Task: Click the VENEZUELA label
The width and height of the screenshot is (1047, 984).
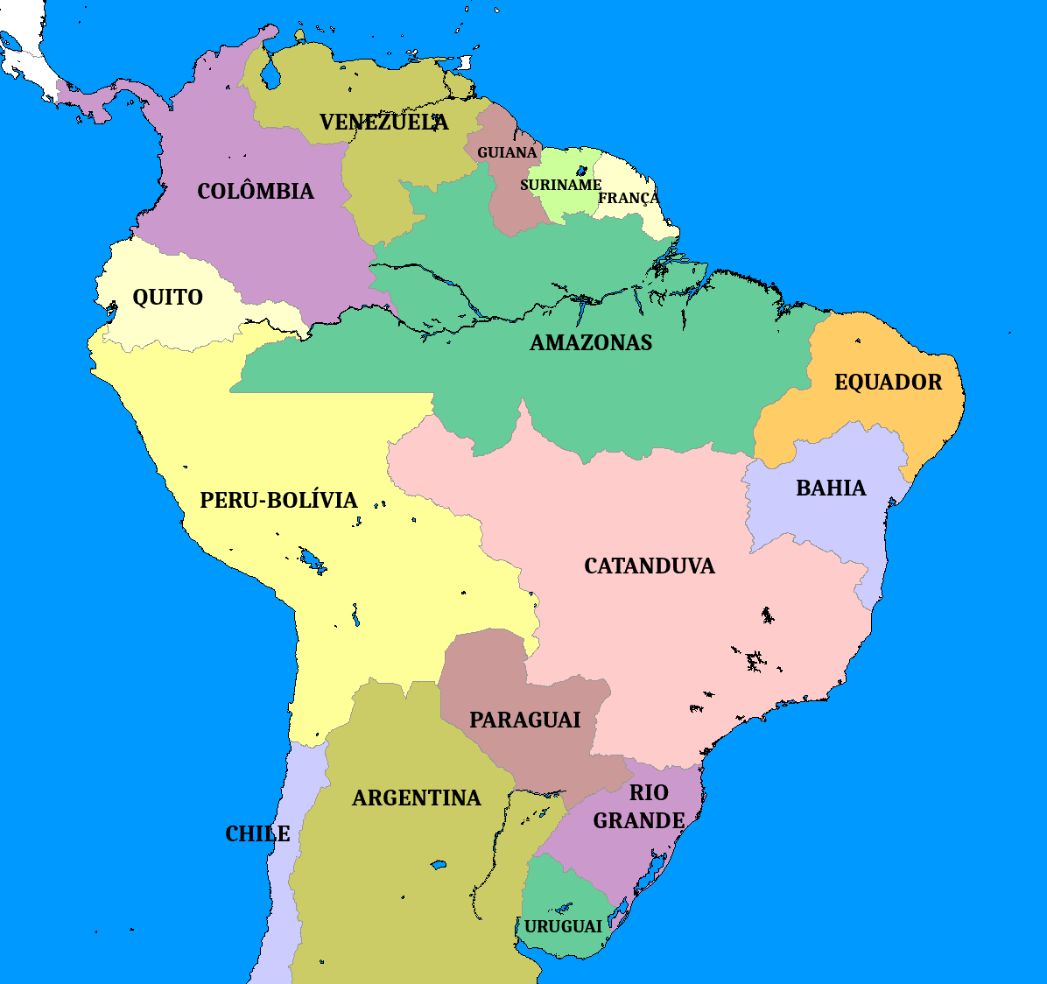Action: pos(383,122)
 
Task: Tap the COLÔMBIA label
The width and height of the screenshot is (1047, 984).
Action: pos(255,191)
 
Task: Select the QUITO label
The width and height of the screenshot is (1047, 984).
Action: pos(167,298)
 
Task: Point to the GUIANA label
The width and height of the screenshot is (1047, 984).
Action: pos(507,152)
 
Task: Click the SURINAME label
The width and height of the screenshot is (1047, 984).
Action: pos(560,185)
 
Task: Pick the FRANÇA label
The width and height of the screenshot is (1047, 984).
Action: pos(629,198)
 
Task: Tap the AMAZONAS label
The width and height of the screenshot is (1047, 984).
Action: pos(591,342)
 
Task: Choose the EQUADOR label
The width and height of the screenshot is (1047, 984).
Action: pos(888,382)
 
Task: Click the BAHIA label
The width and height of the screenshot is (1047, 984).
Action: pos(831,488)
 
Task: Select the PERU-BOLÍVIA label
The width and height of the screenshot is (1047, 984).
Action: pos(278,500)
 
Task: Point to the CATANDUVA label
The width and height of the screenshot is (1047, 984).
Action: pos(649,566)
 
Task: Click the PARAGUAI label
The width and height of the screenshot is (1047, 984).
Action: pos(524,720)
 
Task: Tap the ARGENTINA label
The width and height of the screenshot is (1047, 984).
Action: pos(416,798)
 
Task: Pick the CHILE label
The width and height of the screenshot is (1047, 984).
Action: pos(257,833)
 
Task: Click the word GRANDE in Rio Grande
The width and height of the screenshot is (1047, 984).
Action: pos(639,821)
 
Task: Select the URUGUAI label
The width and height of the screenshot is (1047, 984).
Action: pos(563,926)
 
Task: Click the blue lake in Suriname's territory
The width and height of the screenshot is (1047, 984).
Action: pos(582,169)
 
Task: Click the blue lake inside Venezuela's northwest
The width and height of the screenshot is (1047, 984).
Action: pos(270,77)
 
